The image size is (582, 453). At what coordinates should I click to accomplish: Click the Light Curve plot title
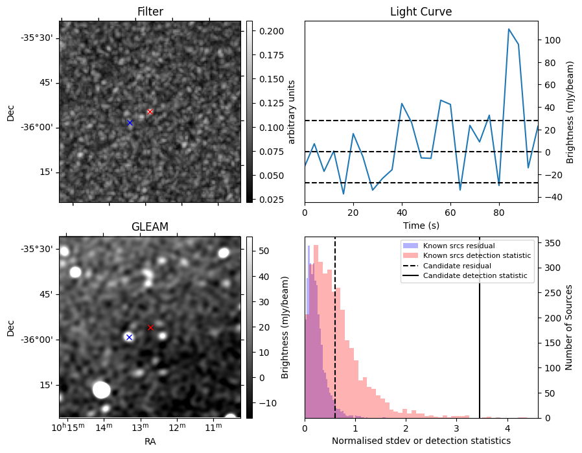[x=421, y=12]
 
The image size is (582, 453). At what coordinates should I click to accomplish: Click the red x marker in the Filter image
[x=150, y=111]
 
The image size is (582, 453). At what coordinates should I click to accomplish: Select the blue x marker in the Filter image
[x=130, y=122]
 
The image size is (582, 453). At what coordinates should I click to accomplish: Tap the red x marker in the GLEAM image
[x=150, y=327]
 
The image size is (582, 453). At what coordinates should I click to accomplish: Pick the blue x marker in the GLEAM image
[x=129, y=337]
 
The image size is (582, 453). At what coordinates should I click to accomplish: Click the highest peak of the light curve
[x=509, y=29]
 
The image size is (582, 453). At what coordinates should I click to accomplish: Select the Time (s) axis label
[x=421, y=224]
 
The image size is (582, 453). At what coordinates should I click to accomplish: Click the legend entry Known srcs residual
[x=458, y=246]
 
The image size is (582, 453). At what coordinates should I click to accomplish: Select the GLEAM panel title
[x=150, y=227]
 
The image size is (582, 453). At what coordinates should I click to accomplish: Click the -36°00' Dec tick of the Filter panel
[x=37, y=127]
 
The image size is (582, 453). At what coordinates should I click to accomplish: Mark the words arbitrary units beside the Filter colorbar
[x=292, y=111]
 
